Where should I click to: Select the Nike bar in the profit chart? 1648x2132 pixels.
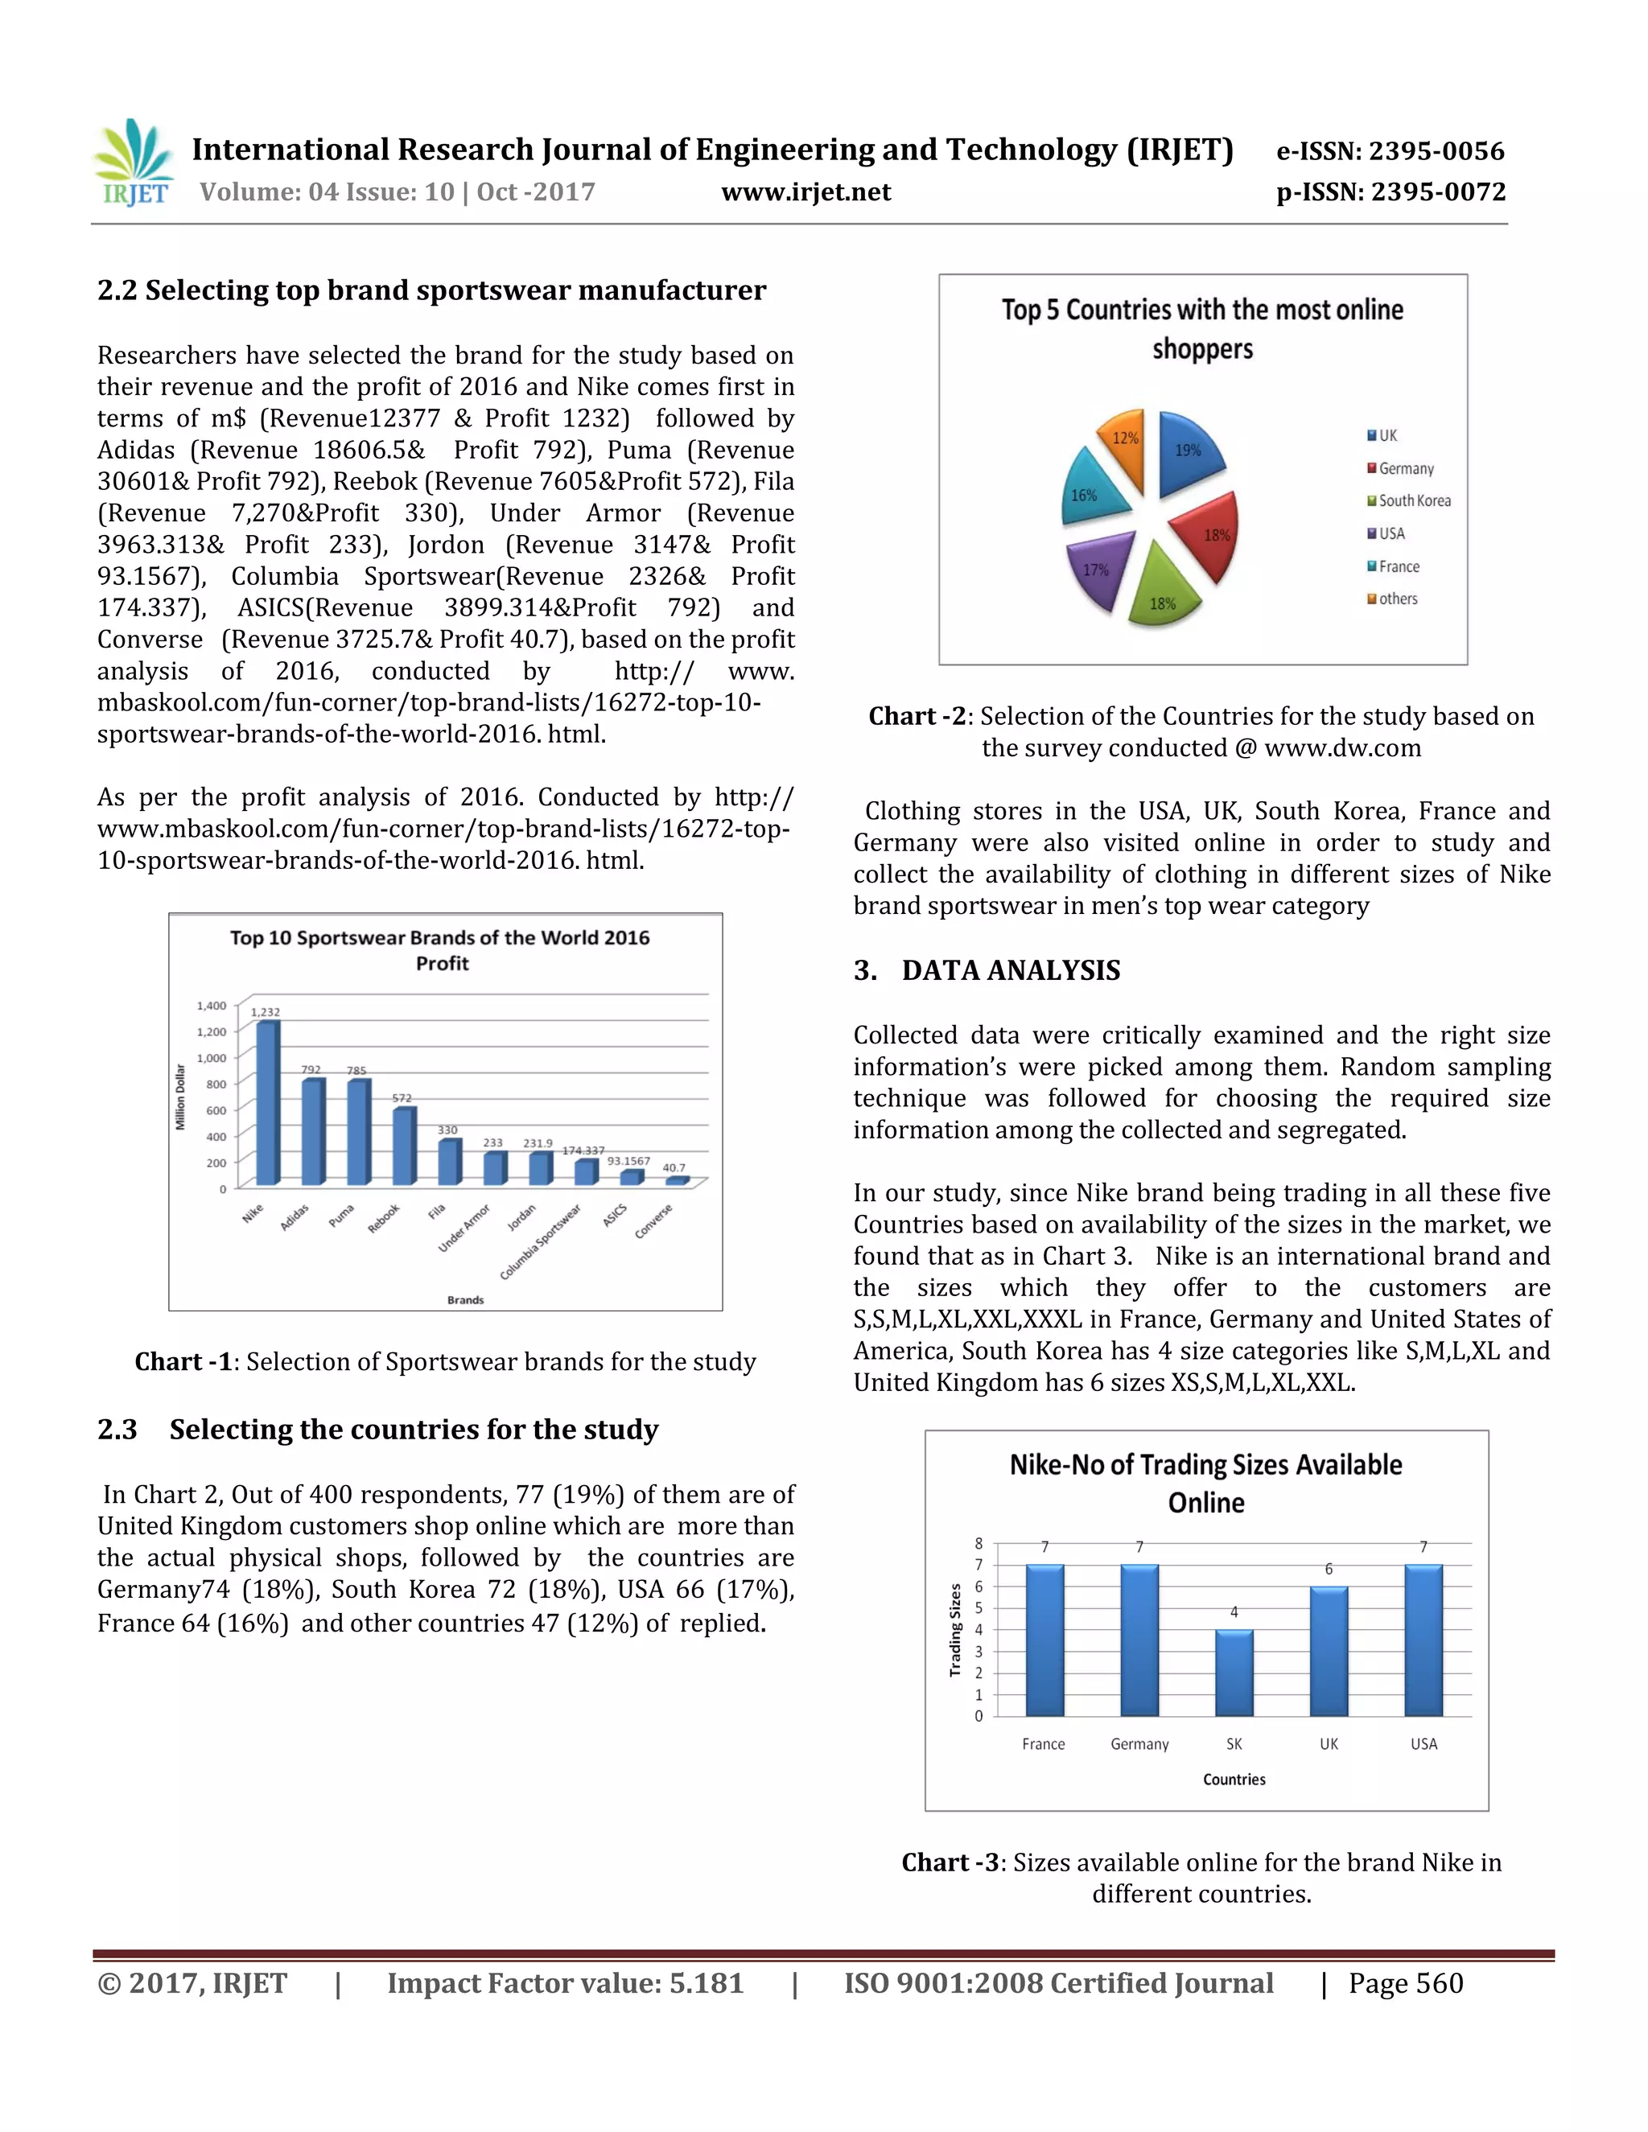click(266, 1103)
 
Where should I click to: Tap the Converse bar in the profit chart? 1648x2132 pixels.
click(676, 1181)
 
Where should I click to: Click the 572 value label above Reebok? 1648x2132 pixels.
click(402, 1098)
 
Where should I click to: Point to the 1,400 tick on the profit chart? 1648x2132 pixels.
click(211, 1006)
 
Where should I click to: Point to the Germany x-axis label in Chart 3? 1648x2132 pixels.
click(1139, 1744)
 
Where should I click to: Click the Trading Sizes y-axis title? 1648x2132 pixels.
click(956, 1630)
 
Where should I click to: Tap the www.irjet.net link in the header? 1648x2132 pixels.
click(805, 191)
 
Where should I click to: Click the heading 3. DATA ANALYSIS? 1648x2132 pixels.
click(987, 970)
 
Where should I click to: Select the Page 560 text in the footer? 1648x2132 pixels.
click(1405, 1984)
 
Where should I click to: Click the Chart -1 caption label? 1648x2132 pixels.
click(183, 1362)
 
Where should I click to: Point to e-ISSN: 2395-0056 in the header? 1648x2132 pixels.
click(1390, 151)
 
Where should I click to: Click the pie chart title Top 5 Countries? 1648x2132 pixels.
click(1202, 329)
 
